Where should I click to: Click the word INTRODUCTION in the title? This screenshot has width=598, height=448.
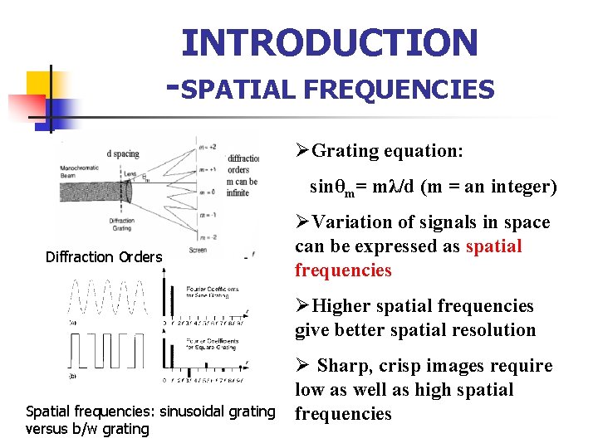330,42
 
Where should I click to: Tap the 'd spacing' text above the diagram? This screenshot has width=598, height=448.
123,153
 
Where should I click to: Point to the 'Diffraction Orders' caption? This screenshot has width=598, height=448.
104,257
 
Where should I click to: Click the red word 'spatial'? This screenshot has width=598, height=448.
494,246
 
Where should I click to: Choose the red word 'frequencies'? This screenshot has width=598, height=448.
342,270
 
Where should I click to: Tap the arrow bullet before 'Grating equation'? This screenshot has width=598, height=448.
302,151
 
